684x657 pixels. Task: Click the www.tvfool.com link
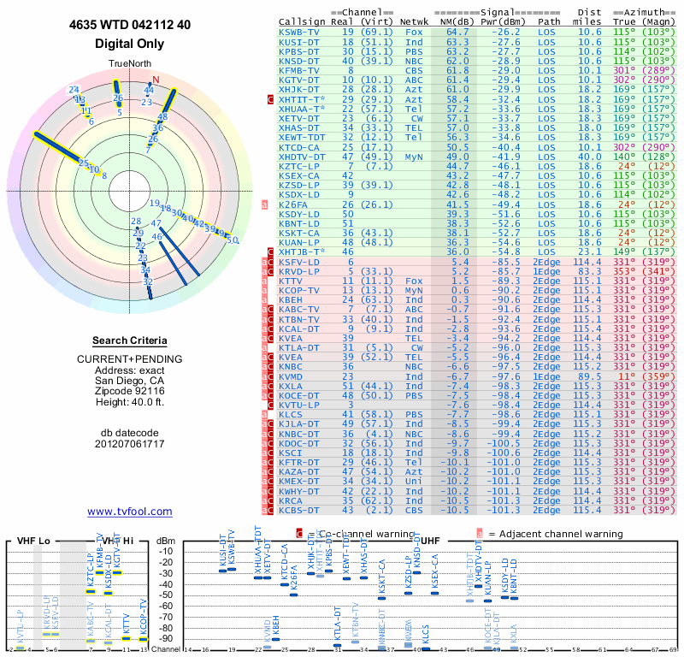(130, 512)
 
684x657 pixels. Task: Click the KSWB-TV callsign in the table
(300, 32)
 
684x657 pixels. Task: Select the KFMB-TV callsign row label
(300, 71)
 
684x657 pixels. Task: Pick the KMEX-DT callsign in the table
(300, 482)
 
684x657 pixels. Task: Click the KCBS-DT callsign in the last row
(300, 511)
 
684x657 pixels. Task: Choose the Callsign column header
(303, 20)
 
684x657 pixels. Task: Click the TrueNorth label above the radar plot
(130, 65)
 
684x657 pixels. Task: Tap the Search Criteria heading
(130, 340)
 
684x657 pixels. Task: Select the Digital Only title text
(130, 43)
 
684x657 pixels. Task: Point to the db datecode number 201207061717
(130, 443)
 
